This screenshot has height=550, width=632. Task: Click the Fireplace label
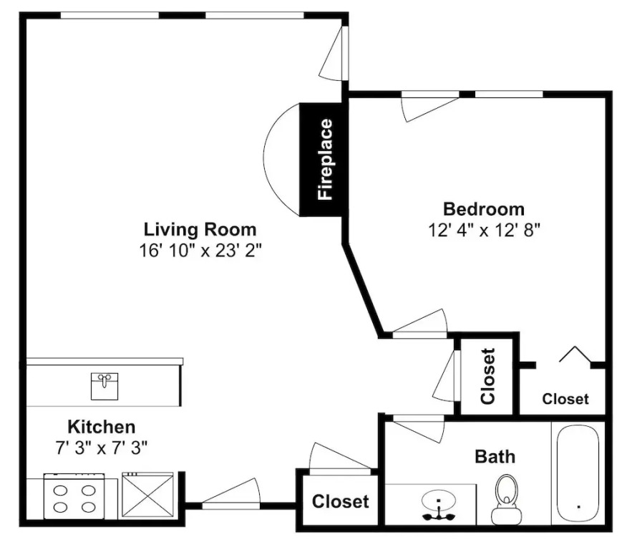325,159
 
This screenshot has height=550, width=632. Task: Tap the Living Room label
200,229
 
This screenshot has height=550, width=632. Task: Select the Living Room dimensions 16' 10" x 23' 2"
200,251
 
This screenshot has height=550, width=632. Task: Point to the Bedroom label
484,209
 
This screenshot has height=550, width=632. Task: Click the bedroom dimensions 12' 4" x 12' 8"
484,231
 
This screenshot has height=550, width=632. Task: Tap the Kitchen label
102,427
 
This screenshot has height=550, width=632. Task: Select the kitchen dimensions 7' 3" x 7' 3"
102,447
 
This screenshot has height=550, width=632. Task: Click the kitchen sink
104,386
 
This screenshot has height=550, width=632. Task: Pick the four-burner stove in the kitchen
74,496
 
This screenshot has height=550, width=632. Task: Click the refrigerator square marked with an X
147,495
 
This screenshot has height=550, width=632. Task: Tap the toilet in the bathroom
506,499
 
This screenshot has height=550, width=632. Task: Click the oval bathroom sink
439,501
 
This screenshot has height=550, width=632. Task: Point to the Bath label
495,457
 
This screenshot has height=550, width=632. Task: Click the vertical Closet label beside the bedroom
487,376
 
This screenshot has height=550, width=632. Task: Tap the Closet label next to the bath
340,501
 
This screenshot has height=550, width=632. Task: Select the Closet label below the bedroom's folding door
565,399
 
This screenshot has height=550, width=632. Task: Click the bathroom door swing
419,430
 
